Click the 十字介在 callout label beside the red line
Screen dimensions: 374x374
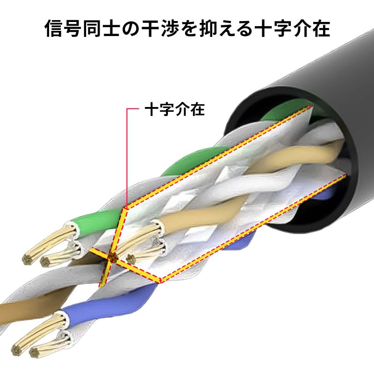(175, 109)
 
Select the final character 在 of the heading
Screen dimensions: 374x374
(321, 29)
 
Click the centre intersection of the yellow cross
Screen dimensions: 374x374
(111, 257)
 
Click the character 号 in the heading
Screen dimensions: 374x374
(73, 29)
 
